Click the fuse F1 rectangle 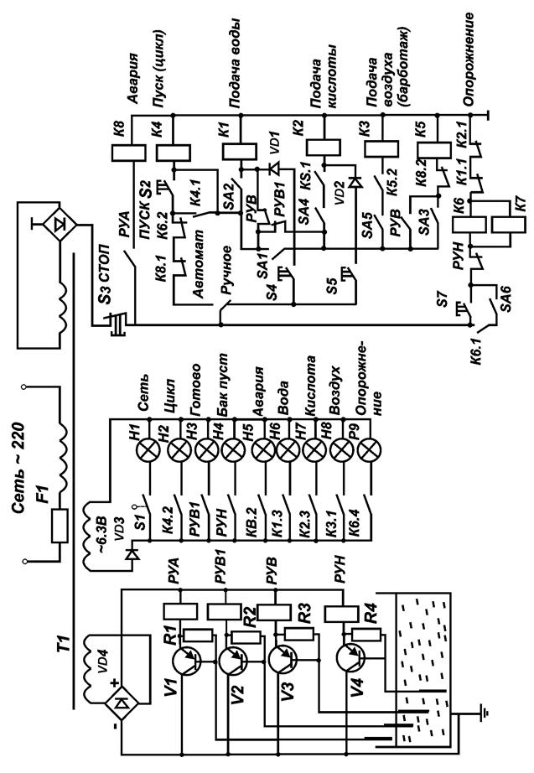(60, 527)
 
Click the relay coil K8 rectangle (128, 153)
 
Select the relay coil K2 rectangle (324, 148)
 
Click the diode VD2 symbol (355, 183)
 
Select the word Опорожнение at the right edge (469, 60)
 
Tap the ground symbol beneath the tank (485, 711)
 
